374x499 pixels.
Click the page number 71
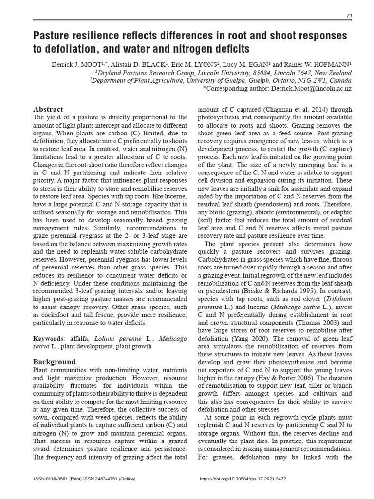pos(349,16)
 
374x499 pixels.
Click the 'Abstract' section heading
pos(48,109)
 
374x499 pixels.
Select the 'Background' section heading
pos(54,362)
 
